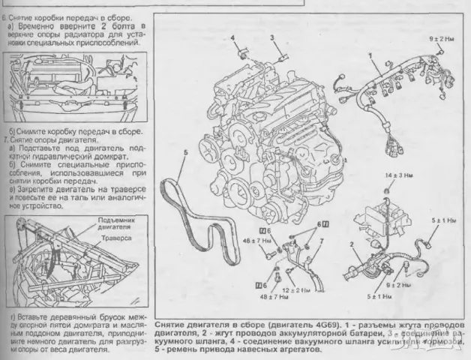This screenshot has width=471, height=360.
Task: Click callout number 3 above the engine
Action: (273, 37)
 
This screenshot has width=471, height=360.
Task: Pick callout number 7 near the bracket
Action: (322, 241)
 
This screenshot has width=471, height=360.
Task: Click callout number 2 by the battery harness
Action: (352, 245)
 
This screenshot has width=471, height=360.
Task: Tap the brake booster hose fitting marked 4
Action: (242, 54)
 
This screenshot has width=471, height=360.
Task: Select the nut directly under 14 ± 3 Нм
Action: (386, 190)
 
